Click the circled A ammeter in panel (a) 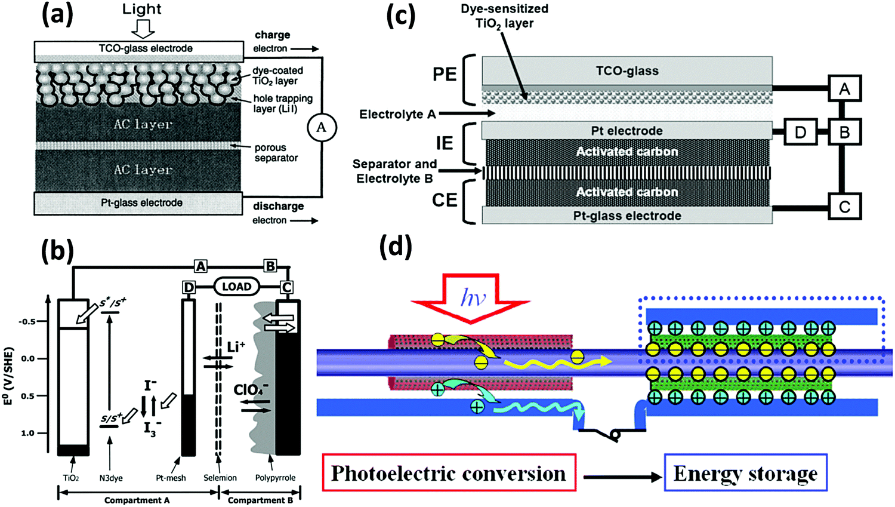322,127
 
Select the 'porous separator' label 276,153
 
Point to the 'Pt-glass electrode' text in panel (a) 141,203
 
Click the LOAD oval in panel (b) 236,287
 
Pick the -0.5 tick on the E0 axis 27,322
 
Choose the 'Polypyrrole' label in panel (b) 275,478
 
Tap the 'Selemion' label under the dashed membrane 220,478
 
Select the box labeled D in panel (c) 800,132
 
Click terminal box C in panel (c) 844,207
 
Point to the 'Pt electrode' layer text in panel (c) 626,131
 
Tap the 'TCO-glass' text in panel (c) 627,71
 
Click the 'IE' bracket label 445,143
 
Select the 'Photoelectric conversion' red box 449,473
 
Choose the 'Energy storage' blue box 745,473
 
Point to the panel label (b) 57,251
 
